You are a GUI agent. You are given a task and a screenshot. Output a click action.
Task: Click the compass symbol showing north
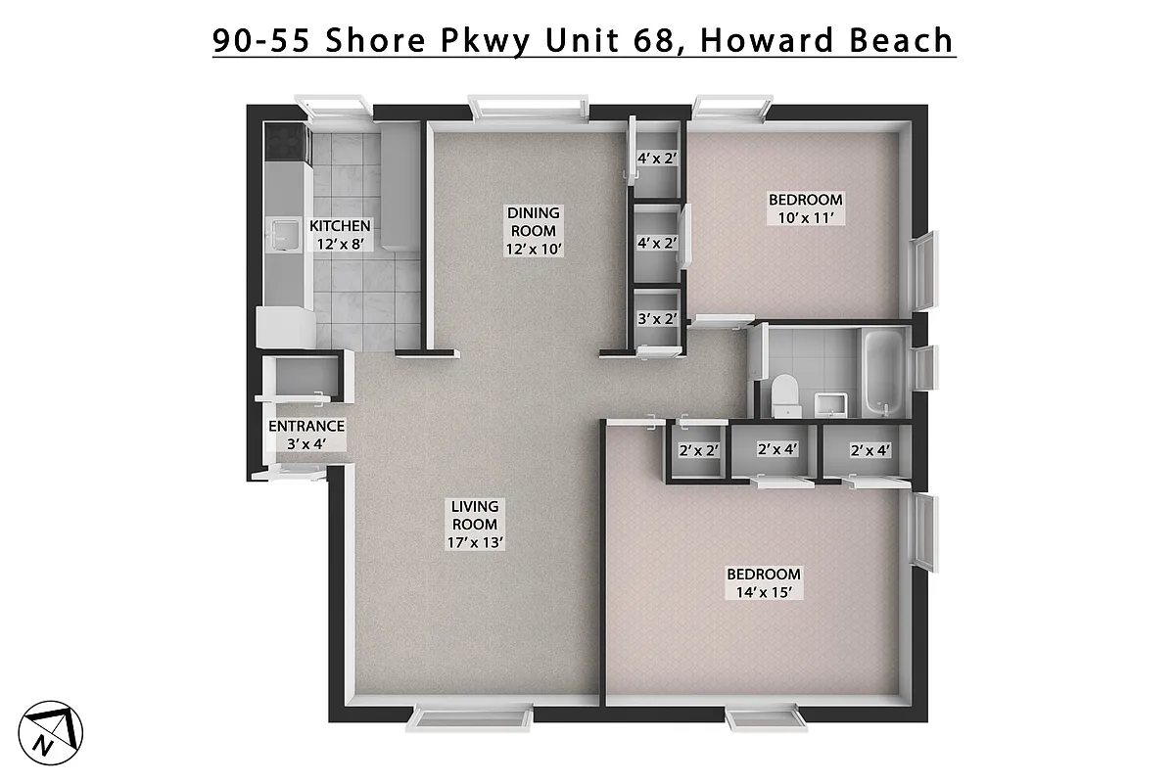(55, 729)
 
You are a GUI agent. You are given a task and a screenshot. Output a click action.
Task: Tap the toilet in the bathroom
(785, 394)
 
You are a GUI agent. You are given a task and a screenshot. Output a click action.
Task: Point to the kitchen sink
(285, 235)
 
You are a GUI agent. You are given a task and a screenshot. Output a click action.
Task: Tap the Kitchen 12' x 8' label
(340, 235)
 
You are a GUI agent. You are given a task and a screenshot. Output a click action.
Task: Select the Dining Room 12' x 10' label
(533, 230)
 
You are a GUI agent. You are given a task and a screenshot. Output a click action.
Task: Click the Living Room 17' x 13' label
(475, 524)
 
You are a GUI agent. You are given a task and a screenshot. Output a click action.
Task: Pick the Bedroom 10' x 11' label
(804, 208)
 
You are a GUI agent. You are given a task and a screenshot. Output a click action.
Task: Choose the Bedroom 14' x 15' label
(763, 583)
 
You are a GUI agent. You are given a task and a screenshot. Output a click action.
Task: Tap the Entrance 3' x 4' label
(306, 435)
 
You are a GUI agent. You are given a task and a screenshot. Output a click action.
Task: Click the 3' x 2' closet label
(657, 318)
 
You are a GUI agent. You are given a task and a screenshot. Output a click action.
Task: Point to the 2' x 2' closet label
(699, 451)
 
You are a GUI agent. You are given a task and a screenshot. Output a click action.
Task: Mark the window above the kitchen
(333, 106)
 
